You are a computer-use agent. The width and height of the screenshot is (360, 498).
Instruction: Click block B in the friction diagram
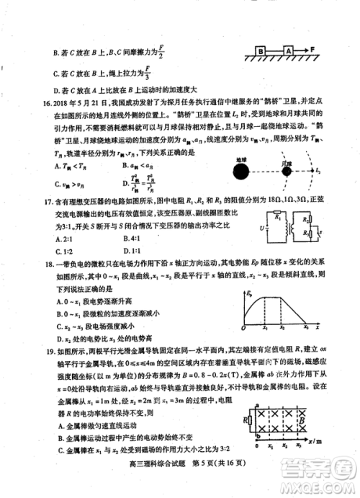click(259, 51)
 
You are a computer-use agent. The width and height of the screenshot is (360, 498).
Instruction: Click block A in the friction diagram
click(288, 51)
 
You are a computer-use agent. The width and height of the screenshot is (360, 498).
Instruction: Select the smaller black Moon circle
click(286, 171)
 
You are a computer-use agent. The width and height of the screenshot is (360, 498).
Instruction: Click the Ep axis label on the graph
click(249, 294)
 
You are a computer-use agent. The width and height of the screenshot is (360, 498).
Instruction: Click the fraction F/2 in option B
click(161, 53)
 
